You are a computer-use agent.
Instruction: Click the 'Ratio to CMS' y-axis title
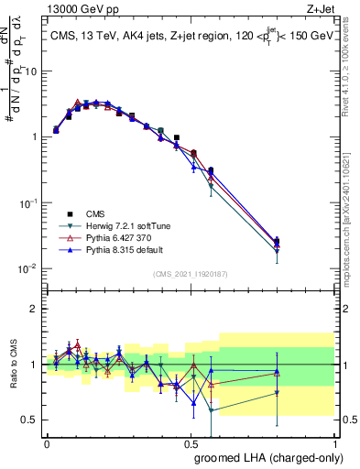click(x=13, y=365)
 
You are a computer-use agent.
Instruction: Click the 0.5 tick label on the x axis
click(x=190, y=442)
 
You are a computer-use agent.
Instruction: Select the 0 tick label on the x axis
click(x=47, y=442)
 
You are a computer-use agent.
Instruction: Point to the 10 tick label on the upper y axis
click(x=31, y=71)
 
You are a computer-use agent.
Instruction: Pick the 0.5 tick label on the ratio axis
click(x=31, y=420)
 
